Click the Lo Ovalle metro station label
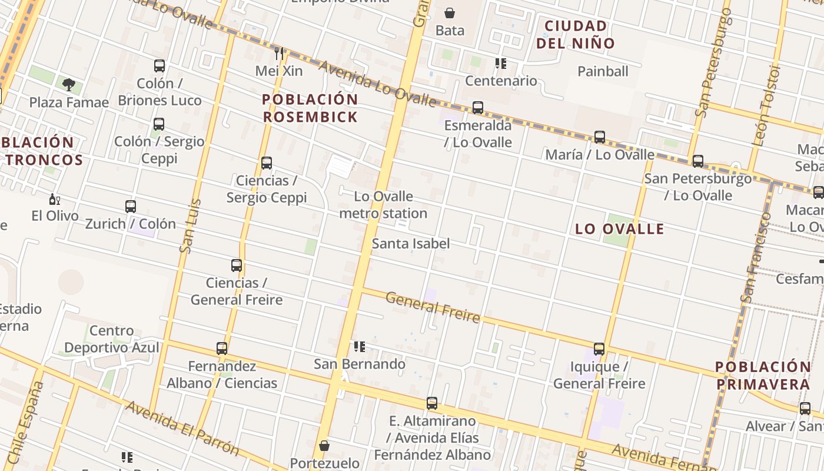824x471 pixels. (x=383, y=205)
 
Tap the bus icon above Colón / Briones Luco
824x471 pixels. (x=160, y=66)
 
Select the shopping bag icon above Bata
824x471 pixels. (x=450, y=13)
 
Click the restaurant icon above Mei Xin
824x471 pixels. (x=279, y=54)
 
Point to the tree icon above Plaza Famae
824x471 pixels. (x=69, y=85)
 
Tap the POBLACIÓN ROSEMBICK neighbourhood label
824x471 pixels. (x=310, y=108)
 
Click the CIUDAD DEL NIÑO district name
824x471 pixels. (x=576, y=34)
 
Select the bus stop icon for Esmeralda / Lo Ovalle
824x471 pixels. (x=478, y=108)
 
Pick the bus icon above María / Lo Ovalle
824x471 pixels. (x=600, y=137)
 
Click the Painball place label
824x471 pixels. (x=603, y=71)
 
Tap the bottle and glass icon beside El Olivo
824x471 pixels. (x=55, y=200)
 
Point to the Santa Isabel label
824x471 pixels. (x=411, y=243)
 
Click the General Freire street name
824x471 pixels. (x=433, y=307)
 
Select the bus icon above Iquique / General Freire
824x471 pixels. (x=599, y=349)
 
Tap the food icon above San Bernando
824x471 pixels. (x=359, y=347)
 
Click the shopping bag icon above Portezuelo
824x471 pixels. (x=324, y=446)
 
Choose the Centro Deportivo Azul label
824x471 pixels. (x=111, y=339)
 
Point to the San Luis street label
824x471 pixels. (x=191, y=226)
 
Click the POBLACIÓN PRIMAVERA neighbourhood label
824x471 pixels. (x=763, y=376)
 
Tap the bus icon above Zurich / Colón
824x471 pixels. (x=131, y=207)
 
